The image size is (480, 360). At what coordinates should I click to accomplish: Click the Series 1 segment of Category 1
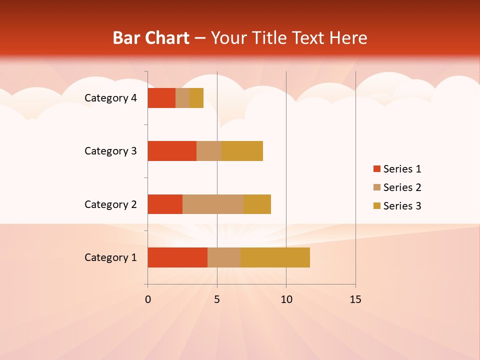coord(177,257)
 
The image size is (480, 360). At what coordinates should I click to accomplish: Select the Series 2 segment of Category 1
coord(224,257)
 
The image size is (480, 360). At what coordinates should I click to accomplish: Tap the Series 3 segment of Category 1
coord(275,257)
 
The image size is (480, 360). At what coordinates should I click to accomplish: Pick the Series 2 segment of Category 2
coord(213,204)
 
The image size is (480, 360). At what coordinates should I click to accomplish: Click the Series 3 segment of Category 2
coord(257,204)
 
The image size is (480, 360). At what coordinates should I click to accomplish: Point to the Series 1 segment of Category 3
coord(172,151)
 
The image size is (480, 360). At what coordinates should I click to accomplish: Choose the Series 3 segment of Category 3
coord(242,151)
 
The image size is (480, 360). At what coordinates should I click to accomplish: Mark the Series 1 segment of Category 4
coord(161,98)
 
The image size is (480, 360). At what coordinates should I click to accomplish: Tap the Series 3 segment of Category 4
coord(196,98)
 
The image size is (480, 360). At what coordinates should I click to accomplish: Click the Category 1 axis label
coord(110,257)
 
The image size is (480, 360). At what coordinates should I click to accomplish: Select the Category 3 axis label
coord(110,151)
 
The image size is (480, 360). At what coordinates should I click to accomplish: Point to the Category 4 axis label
coord(110,98)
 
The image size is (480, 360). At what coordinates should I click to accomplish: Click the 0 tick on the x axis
coord(148,299)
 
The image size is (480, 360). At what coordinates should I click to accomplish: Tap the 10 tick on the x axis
coord(286,299)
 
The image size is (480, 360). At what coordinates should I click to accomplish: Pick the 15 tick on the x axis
coord(355,299)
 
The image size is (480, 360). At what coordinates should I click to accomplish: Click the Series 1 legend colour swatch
coord(376,169)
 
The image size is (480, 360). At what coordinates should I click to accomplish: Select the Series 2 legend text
coord(402,187)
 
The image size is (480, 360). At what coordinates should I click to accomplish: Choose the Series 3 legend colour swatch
coord(376,206)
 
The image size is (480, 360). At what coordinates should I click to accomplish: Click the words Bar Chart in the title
coord(151,38)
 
